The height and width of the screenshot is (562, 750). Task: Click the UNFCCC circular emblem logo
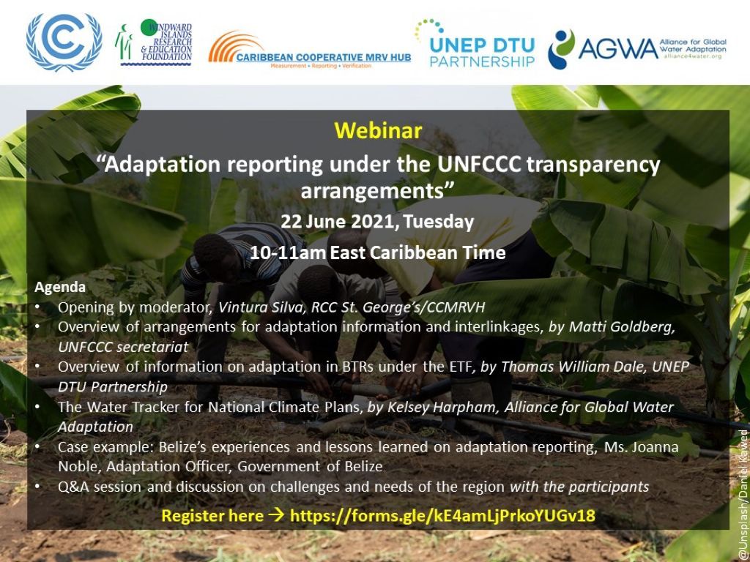[x=64, y=42]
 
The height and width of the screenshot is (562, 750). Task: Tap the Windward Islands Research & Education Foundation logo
[x=155, y=43]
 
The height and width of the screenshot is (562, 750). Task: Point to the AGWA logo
[x=637, y=48]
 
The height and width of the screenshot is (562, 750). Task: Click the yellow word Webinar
[x=378, y=131]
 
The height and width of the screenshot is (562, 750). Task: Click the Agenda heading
[x=60, y=287]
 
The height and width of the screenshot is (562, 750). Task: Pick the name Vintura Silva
[x=259, y=307]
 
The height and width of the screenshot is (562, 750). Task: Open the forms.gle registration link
[x=442, y=516]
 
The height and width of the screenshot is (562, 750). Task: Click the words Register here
[x=212, y=516]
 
